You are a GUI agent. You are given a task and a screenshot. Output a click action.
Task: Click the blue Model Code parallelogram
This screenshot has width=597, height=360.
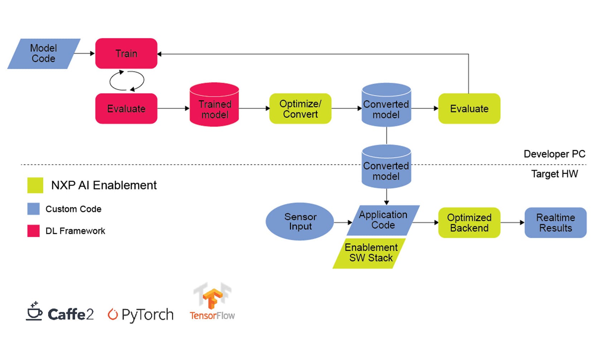[x=44, y=53]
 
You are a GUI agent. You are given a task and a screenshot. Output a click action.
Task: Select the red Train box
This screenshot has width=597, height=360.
[x=126, y=53]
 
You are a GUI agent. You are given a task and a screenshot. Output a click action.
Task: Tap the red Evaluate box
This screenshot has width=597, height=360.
[x=126, y=109]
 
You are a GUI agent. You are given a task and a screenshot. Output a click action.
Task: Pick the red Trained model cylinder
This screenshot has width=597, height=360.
[x=214, y=106]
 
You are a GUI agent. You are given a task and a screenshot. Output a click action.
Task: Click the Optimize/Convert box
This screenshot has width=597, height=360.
[x=300, y=109]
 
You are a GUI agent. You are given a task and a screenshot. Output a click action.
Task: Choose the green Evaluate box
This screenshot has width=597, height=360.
[x=469, y=109]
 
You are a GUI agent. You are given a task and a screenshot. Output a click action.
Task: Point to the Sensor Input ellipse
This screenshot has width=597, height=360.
[x=300, y=221]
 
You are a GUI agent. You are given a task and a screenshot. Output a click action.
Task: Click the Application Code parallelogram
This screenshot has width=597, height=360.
[x=383, y=220]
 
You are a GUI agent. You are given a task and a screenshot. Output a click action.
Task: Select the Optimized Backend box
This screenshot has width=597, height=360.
[x=469, y=222]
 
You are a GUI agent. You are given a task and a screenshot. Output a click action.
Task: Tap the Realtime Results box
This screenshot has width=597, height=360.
[x=555, y=222]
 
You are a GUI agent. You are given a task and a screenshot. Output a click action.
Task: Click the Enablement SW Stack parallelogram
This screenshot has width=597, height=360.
[x=370, y=253]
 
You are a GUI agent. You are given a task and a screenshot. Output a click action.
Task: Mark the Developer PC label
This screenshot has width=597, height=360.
[x=554, y=154]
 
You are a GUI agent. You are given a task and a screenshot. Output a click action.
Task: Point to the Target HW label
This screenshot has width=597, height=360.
[x=554, y=174]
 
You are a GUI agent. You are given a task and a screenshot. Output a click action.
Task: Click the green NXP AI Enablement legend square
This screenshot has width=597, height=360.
[x=35, y=185]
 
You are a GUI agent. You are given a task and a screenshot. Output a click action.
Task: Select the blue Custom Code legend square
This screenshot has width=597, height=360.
[x=33, y=209]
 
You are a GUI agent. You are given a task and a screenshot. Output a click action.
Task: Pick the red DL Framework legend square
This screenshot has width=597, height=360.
[x=33, y=231]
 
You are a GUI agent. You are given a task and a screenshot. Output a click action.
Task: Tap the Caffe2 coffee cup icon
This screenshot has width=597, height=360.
[x=34, y=311]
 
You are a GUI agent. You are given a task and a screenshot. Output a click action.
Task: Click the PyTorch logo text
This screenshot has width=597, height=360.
[x=147, y=315]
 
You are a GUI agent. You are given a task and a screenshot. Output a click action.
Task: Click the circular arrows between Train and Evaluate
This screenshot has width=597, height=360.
[x=126, y=81]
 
